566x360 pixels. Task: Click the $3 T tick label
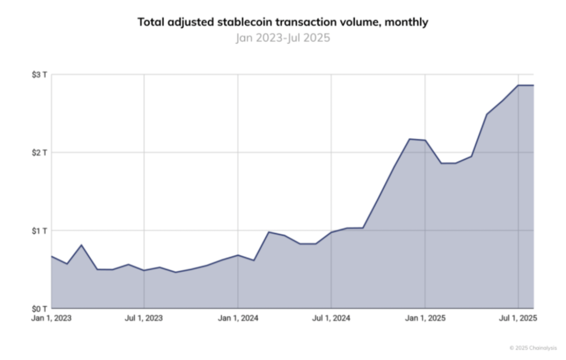point(39,75)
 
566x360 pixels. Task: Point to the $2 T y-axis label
point(39,153)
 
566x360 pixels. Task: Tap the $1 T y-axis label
point(39,231)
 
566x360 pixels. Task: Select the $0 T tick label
point(39,309)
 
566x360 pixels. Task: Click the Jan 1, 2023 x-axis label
point(51,318)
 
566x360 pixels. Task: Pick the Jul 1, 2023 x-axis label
point(143,318)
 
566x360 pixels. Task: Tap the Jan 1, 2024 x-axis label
point(238,318)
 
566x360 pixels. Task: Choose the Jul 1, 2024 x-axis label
point(331,318)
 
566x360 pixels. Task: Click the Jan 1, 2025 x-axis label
point(425,318)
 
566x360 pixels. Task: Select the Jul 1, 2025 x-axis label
point(518,318)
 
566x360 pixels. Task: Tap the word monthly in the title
point(406,22)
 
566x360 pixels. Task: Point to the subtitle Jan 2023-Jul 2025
point(283,38)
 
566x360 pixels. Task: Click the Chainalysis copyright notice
point(533,348)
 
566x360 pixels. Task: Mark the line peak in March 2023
point(81,245)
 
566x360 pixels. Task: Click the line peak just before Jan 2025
point(409,139)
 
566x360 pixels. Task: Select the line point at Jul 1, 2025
point(518,85)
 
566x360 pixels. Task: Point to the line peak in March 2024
point(269,232)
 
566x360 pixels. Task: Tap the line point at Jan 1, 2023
point(52,256)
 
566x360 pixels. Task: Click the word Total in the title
point(151,22)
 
